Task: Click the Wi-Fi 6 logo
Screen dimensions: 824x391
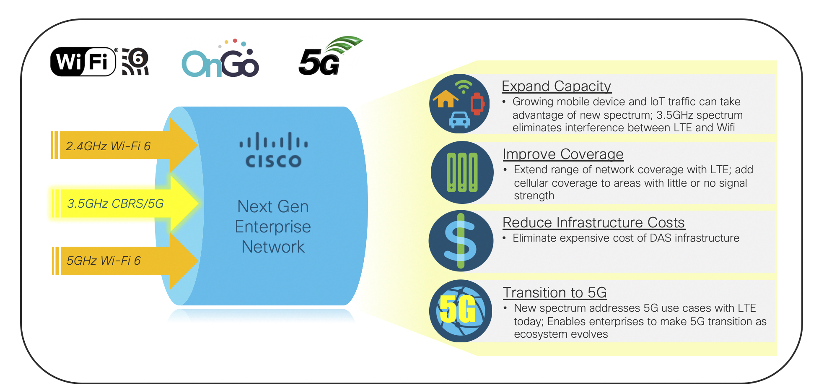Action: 100,62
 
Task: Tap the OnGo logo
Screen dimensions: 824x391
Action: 220,58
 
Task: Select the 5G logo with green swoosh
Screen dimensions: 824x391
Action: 330,56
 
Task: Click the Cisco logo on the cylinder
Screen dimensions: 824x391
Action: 273,150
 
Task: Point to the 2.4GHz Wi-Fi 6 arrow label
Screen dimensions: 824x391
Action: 108,146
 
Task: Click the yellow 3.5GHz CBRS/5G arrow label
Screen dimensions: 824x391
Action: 115,203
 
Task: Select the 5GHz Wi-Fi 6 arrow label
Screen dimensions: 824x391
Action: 104,261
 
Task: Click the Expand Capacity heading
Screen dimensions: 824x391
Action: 556,86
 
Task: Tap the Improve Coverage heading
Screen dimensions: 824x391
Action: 563,154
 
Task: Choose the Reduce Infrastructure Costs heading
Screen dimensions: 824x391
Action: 593,223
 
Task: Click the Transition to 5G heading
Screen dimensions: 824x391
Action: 555,292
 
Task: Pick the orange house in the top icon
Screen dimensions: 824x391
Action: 446,99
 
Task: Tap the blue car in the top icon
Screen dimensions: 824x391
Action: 459,120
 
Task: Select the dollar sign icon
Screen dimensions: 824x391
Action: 461,241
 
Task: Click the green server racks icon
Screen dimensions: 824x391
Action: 462,172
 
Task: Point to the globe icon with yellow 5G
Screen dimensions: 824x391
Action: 461,311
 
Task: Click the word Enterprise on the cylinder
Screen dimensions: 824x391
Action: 273,227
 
